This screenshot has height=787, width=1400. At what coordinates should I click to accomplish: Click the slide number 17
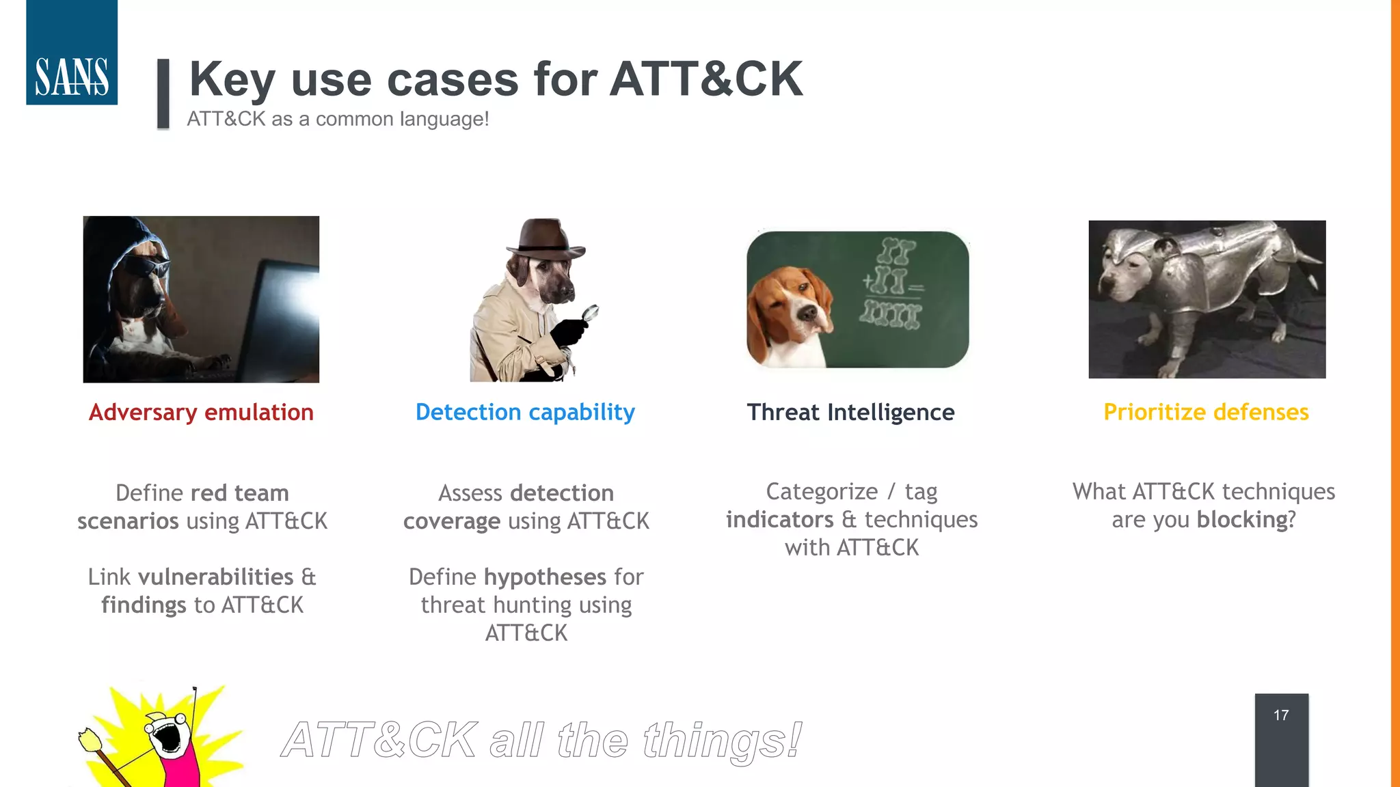pyautogui.click(x=1281, y=715)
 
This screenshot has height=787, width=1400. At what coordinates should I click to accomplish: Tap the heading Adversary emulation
pyautogui.click(x=201, y=413)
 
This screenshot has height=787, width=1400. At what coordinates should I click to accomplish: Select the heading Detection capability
pyautogui.click(x=525, y=413)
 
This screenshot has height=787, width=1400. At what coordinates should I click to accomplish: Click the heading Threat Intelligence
pyautogui.click(x=850, y=413)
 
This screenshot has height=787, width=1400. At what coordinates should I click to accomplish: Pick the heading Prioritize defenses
pyautogui.click(x=1206, y=413)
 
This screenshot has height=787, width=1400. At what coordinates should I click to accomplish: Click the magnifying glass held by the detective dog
pyautogui.click(x=589, y=314)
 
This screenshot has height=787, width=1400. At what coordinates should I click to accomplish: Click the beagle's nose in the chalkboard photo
pyautogui.click(x=807, y=313)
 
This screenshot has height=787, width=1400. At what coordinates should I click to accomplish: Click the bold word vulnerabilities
pyautogui.click(x=215, y=577)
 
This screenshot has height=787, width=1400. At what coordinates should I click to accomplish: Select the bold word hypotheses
pyautogui.click(x=545, y=577)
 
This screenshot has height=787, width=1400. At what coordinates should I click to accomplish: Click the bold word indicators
pyautogui.click(x=779, y=520)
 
